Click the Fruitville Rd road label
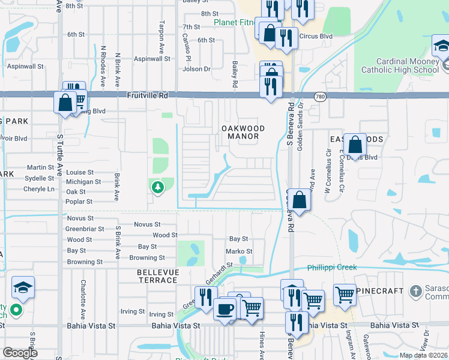[148, 95]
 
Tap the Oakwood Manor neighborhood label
[240, 132]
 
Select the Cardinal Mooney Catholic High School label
[399, 65]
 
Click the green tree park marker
[157, 188]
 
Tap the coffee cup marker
[225, 309]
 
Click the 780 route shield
[320, 96]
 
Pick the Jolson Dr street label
[197, 69]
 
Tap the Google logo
[20, 353]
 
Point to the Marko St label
[238, 251]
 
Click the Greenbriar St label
[85, 229]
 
